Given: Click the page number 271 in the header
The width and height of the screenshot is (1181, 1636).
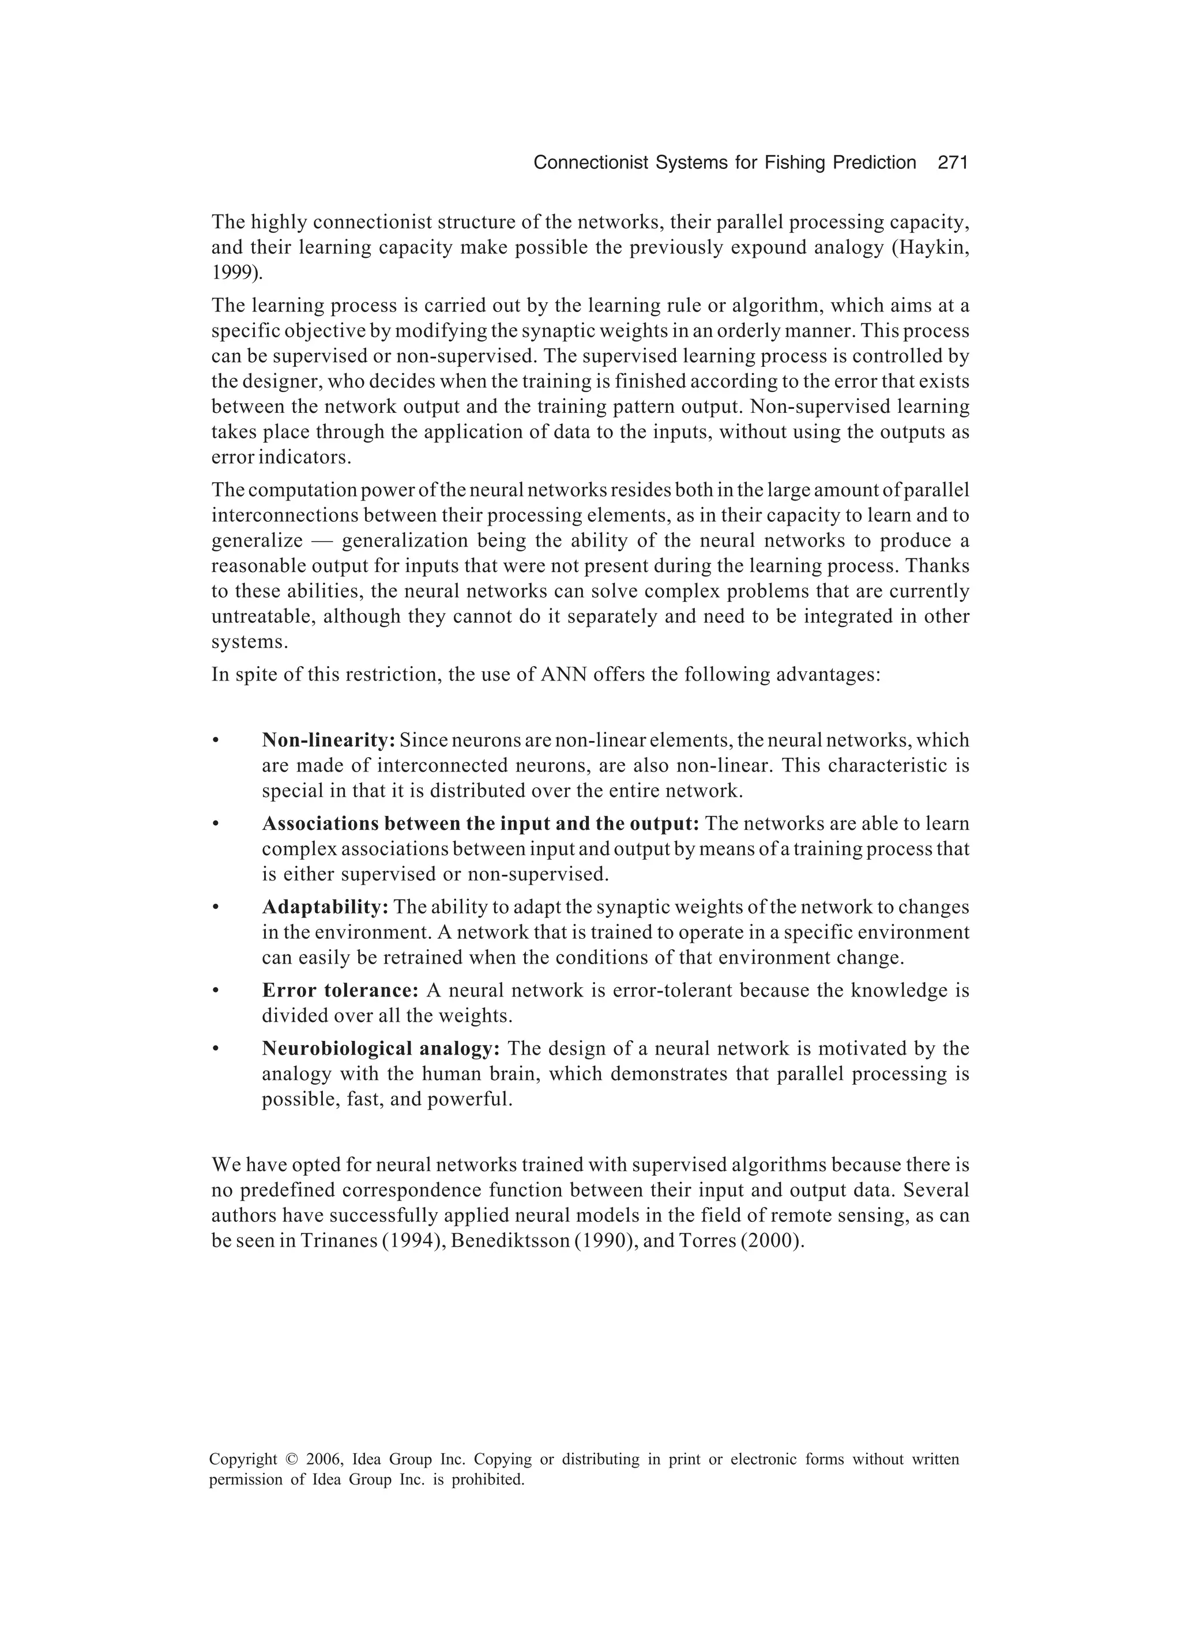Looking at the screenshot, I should point(951,163).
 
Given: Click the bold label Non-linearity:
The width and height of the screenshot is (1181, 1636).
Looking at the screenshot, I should point(328,740).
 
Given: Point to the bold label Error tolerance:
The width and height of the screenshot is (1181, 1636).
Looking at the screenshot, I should point(340,990).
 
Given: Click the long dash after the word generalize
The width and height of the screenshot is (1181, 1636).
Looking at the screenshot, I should point(321,541).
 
